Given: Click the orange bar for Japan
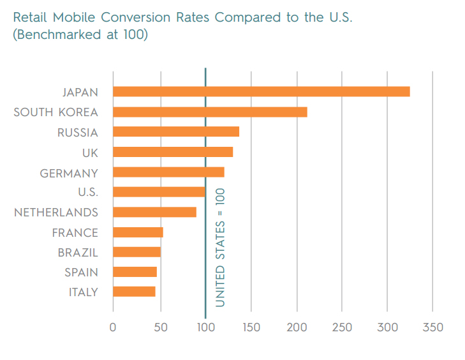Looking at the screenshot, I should pyautogui.click(x=261, y=92).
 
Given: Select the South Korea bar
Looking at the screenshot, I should pyautogui.click(x=210, y=112).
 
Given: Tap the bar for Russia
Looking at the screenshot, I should pyautogui.click(x=175, y=132).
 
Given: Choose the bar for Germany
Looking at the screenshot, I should pyautogui.click(x=168, y=172).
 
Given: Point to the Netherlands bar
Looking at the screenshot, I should pyautogui.click(x=154, y=212).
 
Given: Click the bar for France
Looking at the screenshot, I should pyautogui.click(x=138, y=232).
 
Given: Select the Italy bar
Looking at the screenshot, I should pyautogui.click(x=134, y=292).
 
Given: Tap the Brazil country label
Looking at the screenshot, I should pyautogui.click(x=78, y=252).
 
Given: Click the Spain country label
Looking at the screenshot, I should pyautogui.click(x=81, y=273).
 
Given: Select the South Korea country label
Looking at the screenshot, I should pyautogui.click(x=55, y=112).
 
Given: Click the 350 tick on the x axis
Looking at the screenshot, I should pyautogui.click(x=432, y=328).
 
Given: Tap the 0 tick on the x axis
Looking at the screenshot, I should pyautogui.click(x=113, y=328).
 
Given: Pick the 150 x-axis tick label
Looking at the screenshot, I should pyautogui.click(x=251, y=328).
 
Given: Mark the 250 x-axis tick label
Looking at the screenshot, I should pyautogui.click(x=342, y=328).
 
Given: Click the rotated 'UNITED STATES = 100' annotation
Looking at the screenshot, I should pyautogui.click(x=221, y=247).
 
